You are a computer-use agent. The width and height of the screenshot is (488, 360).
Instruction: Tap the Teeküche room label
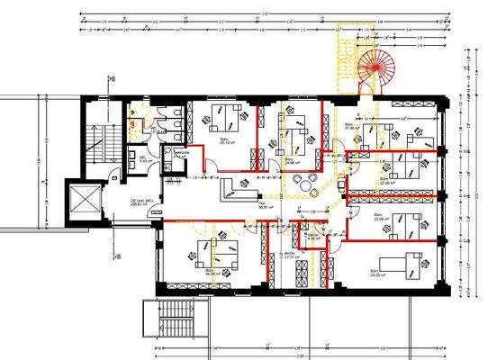pos(181,155)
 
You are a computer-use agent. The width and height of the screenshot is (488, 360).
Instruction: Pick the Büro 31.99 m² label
pos(351,126)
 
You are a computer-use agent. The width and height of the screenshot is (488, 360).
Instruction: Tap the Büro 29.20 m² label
pos(376,270)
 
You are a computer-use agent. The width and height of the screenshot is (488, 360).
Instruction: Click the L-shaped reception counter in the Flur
pos(239,190)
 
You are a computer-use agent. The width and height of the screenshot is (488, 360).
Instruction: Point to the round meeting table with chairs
pos(309,184)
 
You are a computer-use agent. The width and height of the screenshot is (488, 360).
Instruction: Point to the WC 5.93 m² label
pos(142,163)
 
